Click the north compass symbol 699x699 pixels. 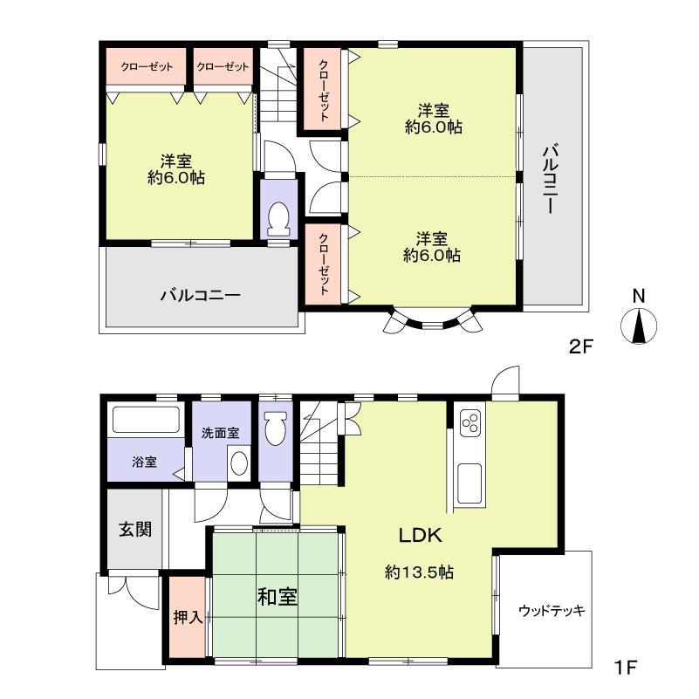pyautogui.click(x=640, y=325)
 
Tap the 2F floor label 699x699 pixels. pyautogui.click(x=581, y=346)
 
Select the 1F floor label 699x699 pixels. pyautogui.click(x=626, y=669)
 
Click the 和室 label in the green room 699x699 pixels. pyautogui.click(x=277, y=598)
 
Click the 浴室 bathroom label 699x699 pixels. pyautogui.click(x=145, y=462)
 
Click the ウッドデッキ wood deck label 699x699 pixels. pyautogui.click(x=551, y=610)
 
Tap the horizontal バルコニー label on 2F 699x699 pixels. pyautogui.click(x=200, y=295)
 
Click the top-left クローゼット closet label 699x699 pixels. pyautogui.click(x=146, y=67)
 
